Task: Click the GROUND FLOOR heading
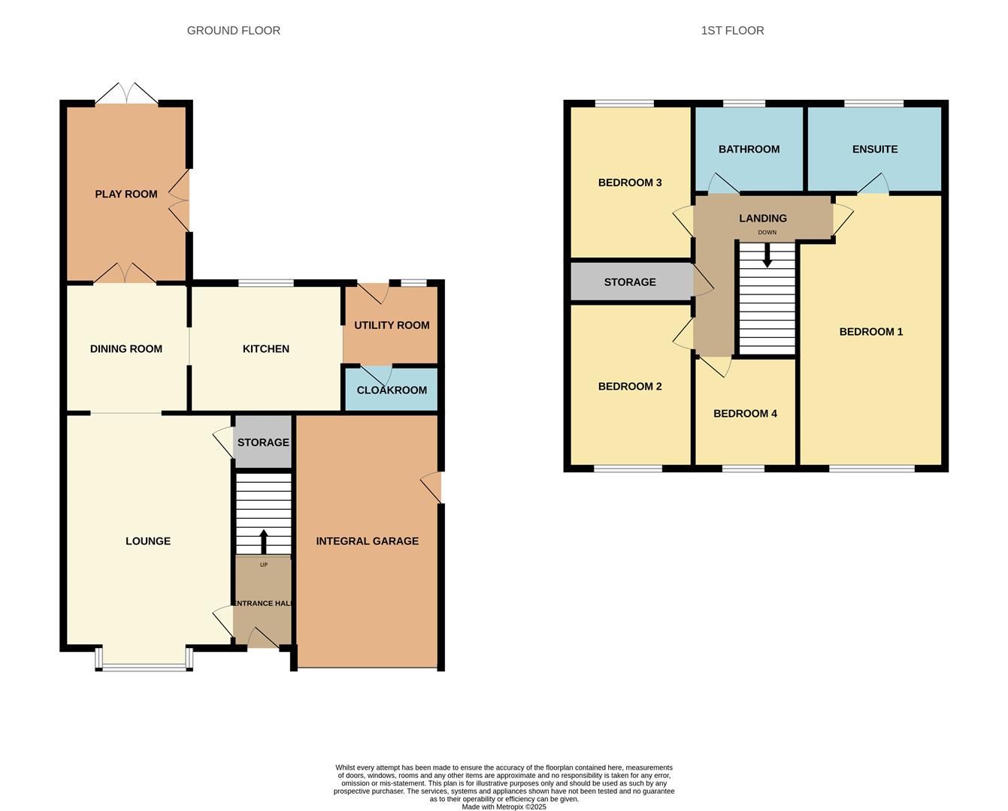[233, 31]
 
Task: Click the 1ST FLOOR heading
[732, 31]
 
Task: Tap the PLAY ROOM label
[126, 194]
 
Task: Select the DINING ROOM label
[126, 349]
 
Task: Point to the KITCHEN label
[265, 349]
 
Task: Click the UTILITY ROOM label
[392, 325]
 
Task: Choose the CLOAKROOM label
[392, 390]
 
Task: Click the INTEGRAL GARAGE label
[367, 541]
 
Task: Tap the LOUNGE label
[148, 541]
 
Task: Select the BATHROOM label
[749, 149]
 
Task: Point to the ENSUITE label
[874, 149]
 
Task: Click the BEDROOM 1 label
[870, 332]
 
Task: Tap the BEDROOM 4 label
[745, 414]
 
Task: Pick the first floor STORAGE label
[630, 282]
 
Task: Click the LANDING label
[762, 219]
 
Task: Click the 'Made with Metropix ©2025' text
[504, 807]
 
